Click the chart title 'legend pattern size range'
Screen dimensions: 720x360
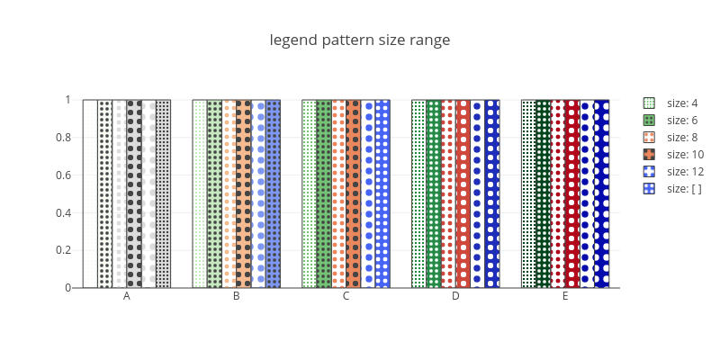click(x=359, y=40)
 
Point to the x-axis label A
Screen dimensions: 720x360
click(x=127, y=296)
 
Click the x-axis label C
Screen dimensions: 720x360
click(x=346, y=296)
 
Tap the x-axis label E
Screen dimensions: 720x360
click(x=565, y=296)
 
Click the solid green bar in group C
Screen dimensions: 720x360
click(x=324, y=193)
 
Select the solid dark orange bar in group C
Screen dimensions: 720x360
click(x=353, y=193)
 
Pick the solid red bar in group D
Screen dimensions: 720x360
click(x=463, y=193)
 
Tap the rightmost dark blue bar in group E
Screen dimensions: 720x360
click(x=601, y=193)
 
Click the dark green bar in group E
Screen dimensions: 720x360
click(x=544, y=193)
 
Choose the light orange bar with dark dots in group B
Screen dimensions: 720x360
click(x=244, y=193)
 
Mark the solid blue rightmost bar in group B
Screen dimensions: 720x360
click(x=273, y=193)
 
